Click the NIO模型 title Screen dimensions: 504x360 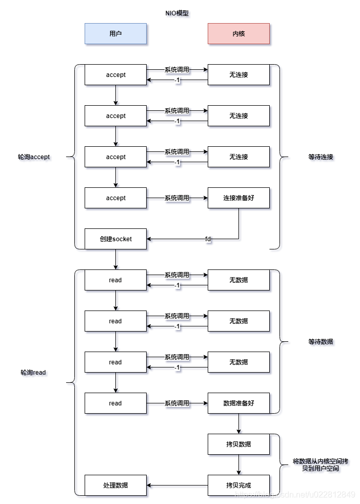(x=176, y=13)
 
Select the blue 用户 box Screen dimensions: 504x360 (x=115, y=33)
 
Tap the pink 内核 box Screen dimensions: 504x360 (x=238, y=33)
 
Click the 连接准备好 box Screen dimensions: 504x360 (x=238, y=198)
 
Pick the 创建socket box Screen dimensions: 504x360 (x=115, y=239)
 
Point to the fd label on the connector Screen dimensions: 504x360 (x=208, y=239)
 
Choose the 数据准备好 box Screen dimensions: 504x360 (x=238, y=403)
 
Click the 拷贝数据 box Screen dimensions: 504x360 (x=238, y=444)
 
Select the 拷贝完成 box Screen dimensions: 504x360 (x=238, y=485)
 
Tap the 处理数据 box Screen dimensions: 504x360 (x=115, y=485)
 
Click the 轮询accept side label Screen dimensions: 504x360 (x=34, y=157)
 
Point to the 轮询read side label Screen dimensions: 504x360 (x=33, y=373)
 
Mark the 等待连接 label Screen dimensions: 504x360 (x=321, y=157)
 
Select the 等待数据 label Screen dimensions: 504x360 (x=321, y=341)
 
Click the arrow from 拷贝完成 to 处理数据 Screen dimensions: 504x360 (x=177, y=485)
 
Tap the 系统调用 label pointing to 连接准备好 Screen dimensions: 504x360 (x=177, y=198)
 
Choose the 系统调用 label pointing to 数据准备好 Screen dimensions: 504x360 (x=177, y=403)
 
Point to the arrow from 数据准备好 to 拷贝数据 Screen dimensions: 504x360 (x=238, y=423)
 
